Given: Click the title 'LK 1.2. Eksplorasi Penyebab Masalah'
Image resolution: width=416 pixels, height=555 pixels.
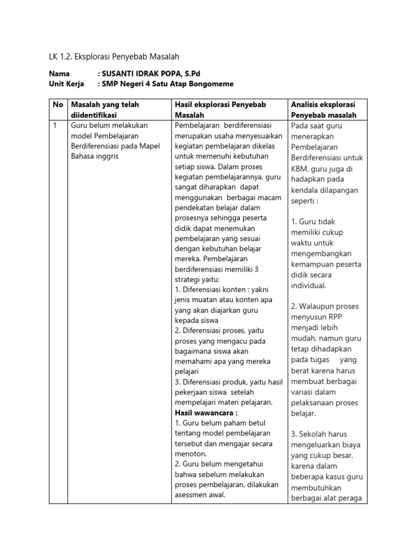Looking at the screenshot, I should pos(114,56).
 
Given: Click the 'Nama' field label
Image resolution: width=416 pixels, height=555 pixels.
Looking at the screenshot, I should pos(60,74).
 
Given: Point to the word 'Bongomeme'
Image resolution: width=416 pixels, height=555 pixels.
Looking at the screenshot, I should pos(214,83).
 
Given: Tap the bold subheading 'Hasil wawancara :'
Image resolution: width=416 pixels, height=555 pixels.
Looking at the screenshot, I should pos(199,412).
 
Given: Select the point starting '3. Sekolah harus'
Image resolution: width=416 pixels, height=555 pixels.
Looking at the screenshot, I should pos(319,434).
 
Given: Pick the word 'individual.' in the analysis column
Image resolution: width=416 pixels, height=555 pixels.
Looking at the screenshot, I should pos(309,286).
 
